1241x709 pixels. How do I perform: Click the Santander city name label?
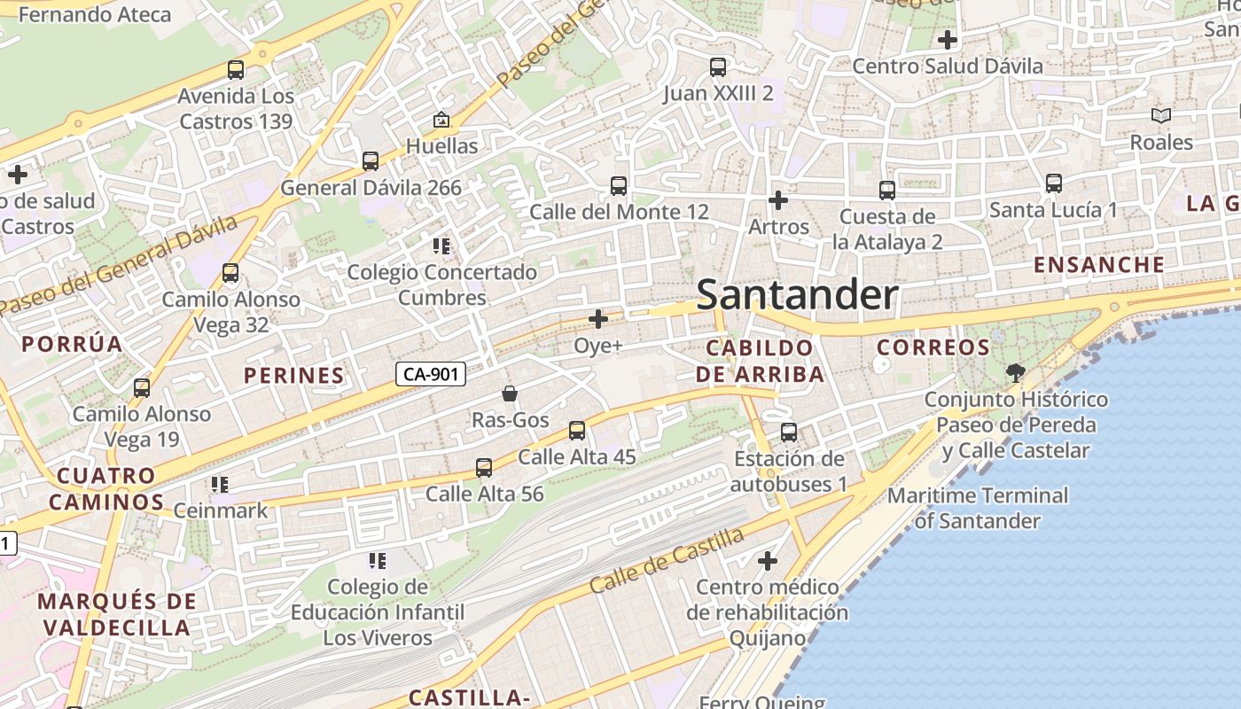(x=797, y=295)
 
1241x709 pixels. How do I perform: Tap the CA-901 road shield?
(x=431, y=374)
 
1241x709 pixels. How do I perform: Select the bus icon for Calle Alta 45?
(x=577, y=431)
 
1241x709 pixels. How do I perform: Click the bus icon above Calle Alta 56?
(x=484, y=467)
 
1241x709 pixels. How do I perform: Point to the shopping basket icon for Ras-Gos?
(x=510, y=393)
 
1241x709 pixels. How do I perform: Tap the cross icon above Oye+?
(x=598, y=318)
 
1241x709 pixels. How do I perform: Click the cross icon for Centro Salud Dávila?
(x=948, y=40)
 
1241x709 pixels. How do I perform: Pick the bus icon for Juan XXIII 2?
(x=718, y=66)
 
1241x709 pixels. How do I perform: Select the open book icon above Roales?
(x=1161, y=115)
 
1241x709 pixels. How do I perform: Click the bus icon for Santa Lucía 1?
(x=1054, y=183)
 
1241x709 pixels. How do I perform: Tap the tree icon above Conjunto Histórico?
(x=1016, y=372)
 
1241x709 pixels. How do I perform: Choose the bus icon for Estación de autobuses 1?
(x=789, y=432)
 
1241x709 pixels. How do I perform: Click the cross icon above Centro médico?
(x=768, y=561)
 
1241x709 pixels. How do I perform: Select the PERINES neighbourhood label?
(x=294, y=375)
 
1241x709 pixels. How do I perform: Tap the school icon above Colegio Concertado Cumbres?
(x=441, y=245)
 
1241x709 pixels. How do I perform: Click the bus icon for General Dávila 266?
(x=371, y=161)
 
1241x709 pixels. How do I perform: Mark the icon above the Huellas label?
(x=441, y=120)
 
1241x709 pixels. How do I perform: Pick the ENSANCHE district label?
(x=1099, y=264)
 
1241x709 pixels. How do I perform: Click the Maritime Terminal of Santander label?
(x=978, y=508)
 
